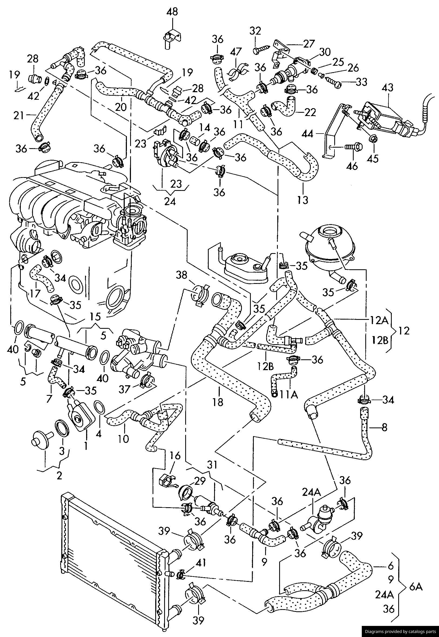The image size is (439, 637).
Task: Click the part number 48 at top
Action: coord(173,12)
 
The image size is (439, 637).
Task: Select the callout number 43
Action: coord(387,88)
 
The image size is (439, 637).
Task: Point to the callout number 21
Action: coord(19,116)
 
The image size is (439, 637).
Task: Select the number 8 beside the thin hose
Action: coord(384,427)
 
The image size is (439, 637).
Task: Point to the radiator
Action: coord(114,563)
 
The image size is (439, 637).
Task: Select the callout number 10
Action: coord(124,439)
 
